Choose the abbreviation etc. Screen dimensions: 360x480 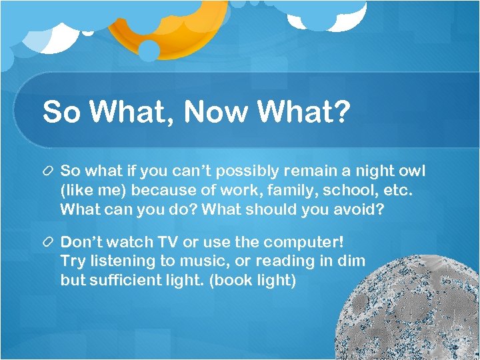coord(397,191)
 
